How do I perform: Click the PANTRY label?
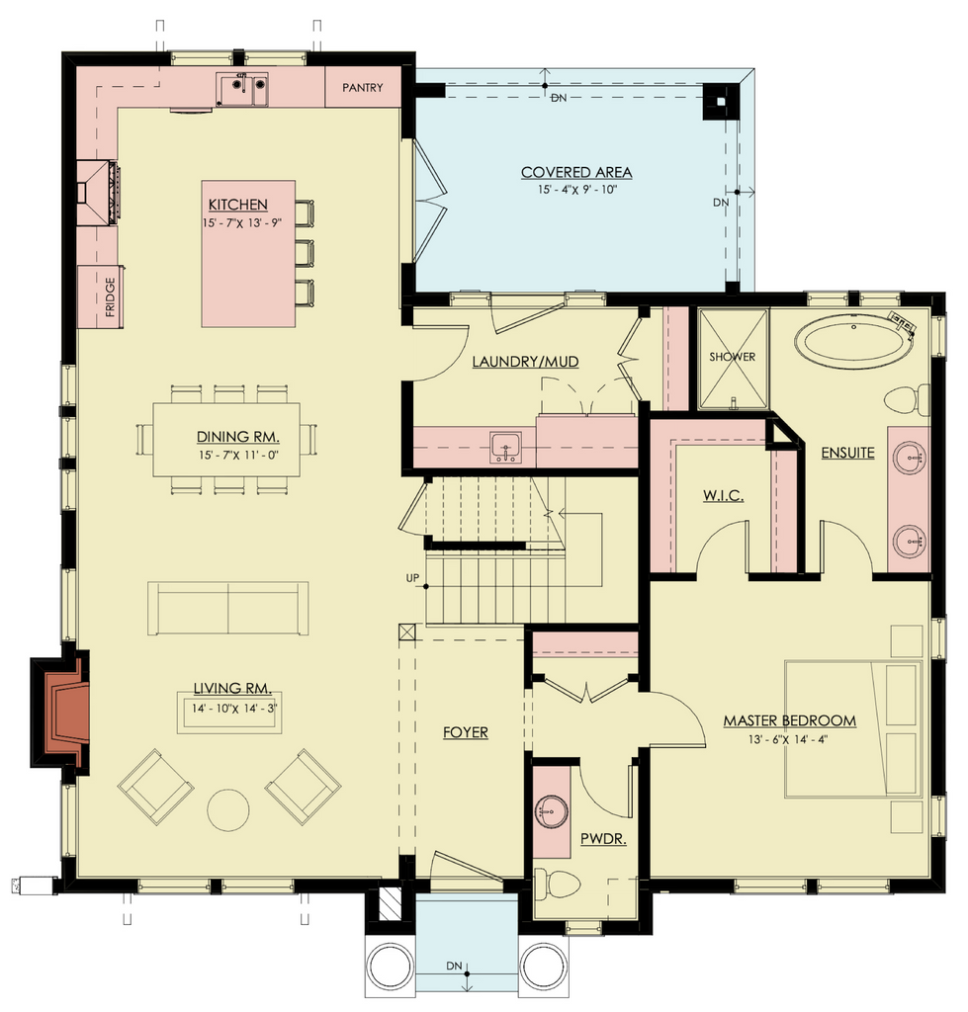(x=362, y=87)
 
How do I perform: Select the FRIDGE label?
(x=110, y=296)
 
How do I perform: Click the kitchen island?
(x=248, y=254)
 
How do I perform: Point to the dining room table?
(x=226, y=440)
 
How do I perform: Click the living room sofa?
(x=228, y=609)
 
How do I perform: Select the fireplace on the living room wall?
(x=60, y=713)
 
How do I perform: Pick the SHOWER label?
(x=733, y=356)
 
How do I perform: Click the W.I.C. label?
(x=723, y=496)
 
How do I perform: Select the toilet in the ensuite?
(x=907, y=399)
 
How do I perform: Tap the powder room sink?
(x=552, y=810)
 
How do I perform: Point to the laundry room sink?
(x=505, y=448)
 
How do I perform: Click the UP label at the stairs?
(x=412, y=578)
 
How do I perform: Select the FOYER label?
(x=466, y=732)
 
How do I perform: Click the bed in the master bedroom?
(x=853, y=728)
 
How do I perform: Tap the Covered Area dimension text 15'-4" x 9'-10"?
(x=577, y=190)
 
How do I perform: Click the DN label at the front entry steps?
(x=454, y=967)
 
